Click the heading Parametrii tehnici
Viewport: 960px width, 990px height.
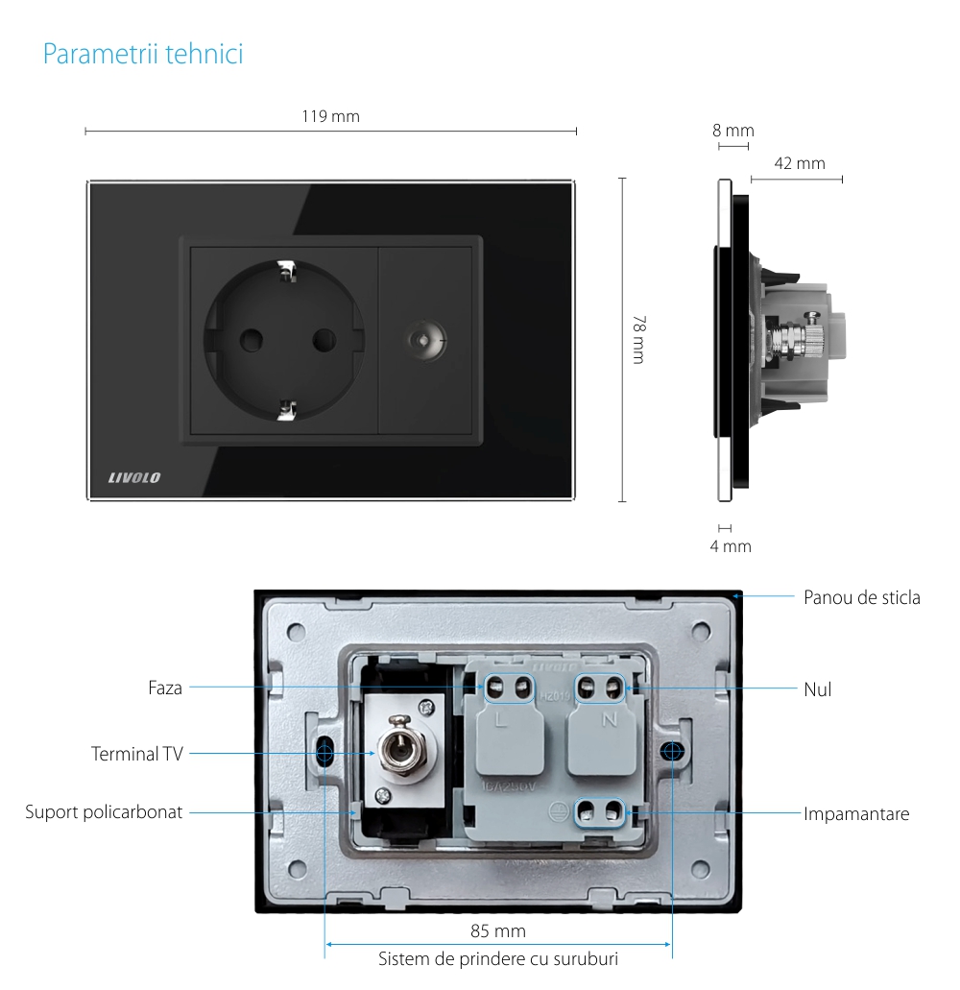143,55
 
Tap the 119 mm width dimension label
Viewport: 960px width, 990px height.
330,116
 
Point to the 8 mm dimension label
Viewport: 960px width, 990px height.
733,131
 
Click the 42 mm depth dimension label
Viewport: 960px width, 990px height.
799,163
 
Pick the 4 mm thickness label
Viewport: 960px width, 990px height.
730,546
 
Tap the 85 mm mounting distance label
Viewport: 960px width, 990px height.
497,930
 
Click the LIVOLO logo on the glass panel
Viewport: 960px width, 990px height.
134,477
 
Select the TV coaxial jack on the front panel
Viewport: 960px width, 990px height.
423,340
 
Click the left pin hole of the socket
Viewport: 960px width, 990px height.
252,339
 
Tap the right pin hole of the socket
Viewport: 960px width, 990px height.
324,339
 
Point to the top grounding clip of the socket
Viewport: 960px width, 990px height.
285,273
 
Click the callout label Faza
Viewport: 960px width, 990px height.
165,688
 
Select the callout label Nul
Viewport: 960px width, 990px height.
817,688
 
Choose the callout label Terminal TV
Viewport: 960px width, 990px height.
136,754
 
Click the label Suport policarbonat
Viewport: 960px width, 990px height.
104,812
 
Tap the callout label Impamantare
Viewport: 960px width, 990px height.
856,813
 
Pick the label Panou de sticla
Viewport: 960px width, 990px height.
861,597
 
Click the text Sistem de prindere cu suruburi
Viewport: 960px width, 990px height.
497,958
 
